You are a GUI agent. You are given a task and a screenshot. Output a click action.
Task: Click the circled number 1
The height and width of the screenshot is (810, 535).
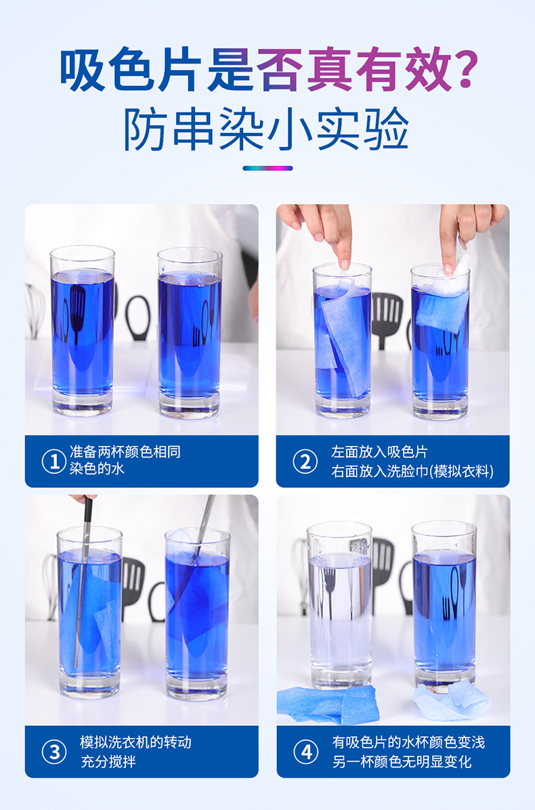(54, 462)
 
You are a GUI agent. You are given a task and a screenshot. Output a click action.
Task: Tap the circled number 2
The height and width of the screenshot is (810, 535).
(305, 462)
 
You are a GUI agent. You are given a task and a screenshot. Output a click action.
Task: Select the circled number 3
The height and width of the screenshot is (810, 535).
(54, 752)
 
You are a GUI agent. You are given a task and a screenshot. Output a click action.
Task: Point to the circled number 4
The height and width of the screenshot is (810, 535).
(306, 752)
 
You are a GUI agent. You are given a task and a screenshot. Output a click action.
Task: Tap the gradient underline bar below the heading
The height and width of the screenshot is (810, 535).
(267, 168)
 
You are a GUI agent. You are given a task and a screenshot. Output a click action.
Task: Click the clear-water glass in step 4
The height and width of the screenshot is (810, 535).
(339, 605)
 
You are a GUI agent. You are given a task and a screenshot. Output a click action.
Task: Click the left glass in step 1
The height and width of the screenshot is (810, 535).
(82, 331)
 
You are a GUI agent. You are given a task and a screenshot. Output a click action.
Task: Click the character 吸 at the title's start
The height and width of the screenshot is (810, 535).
(81, 70)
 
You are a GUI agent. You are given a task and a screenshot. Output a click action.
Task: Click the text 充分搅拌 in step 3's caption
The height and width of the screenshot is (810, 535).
(108, 761)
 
